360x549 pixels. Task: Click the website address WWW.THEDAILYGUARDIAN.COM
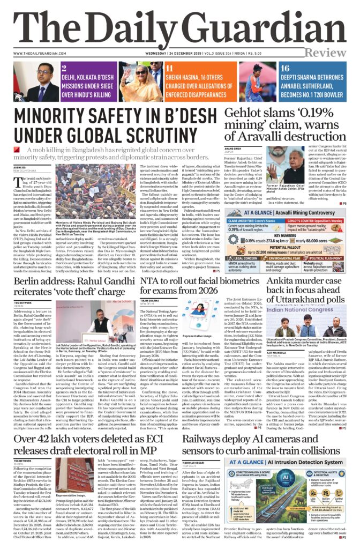[36, 53]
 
